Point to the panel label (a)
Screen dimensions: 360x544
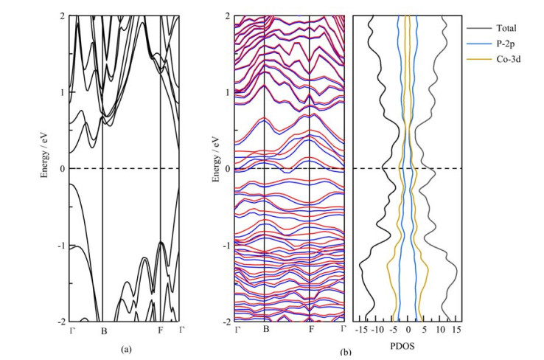point(125,349)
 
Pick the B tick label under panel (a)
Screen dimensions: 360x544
point(103,330)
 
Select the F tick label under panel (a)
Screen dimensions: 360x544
point(161,330)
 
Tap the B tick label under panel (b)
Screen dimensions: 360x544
point(265,330)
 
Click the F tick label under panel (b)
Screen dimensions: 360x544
point(311,330)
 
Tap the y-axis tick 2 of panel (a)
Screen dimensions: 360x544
point(64,15)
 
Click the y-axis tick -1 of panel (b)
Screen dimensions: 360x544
point(227,246)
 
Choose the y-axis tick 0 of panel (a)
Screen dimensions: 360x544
point(64,169)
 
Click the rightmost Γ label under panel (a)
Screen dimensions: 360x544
point(181,330)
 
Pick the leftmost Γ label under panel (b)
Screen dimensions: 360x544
point(237,330)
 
